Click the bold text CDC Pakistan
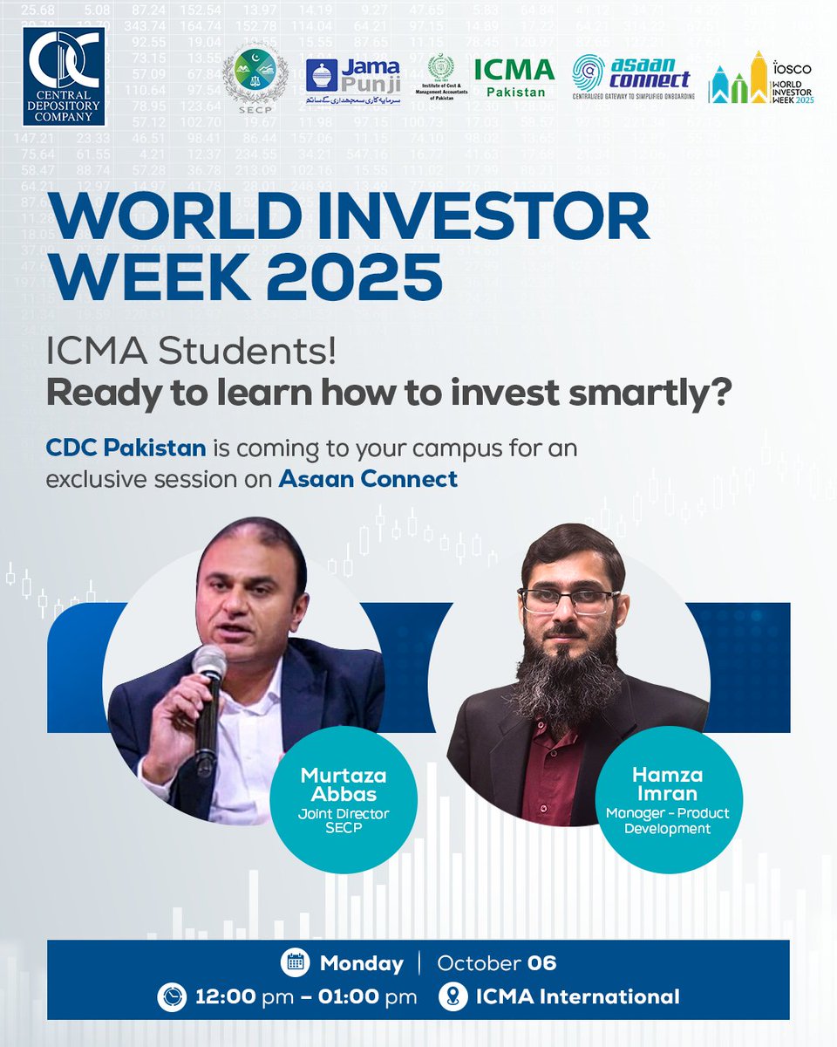(x=126, y=448)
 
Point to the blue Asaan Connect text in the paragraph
(x=368, y=478)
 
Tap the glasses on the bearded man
(x=568, y=600)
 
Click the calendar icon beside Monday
(x=296, y=963)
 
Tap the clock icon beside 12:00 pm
(x=171, y=996)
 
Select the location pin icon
(x=453, y=996)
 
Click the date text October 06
(x=496, y=963)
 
